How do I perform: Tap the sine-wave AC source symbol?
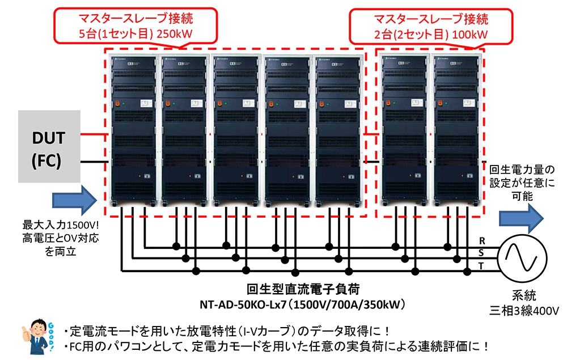[x=521, y=258]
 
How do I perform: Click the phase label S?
[x=481, y=253]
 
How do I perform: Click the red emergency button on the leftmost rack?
[x=120, y=104]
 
